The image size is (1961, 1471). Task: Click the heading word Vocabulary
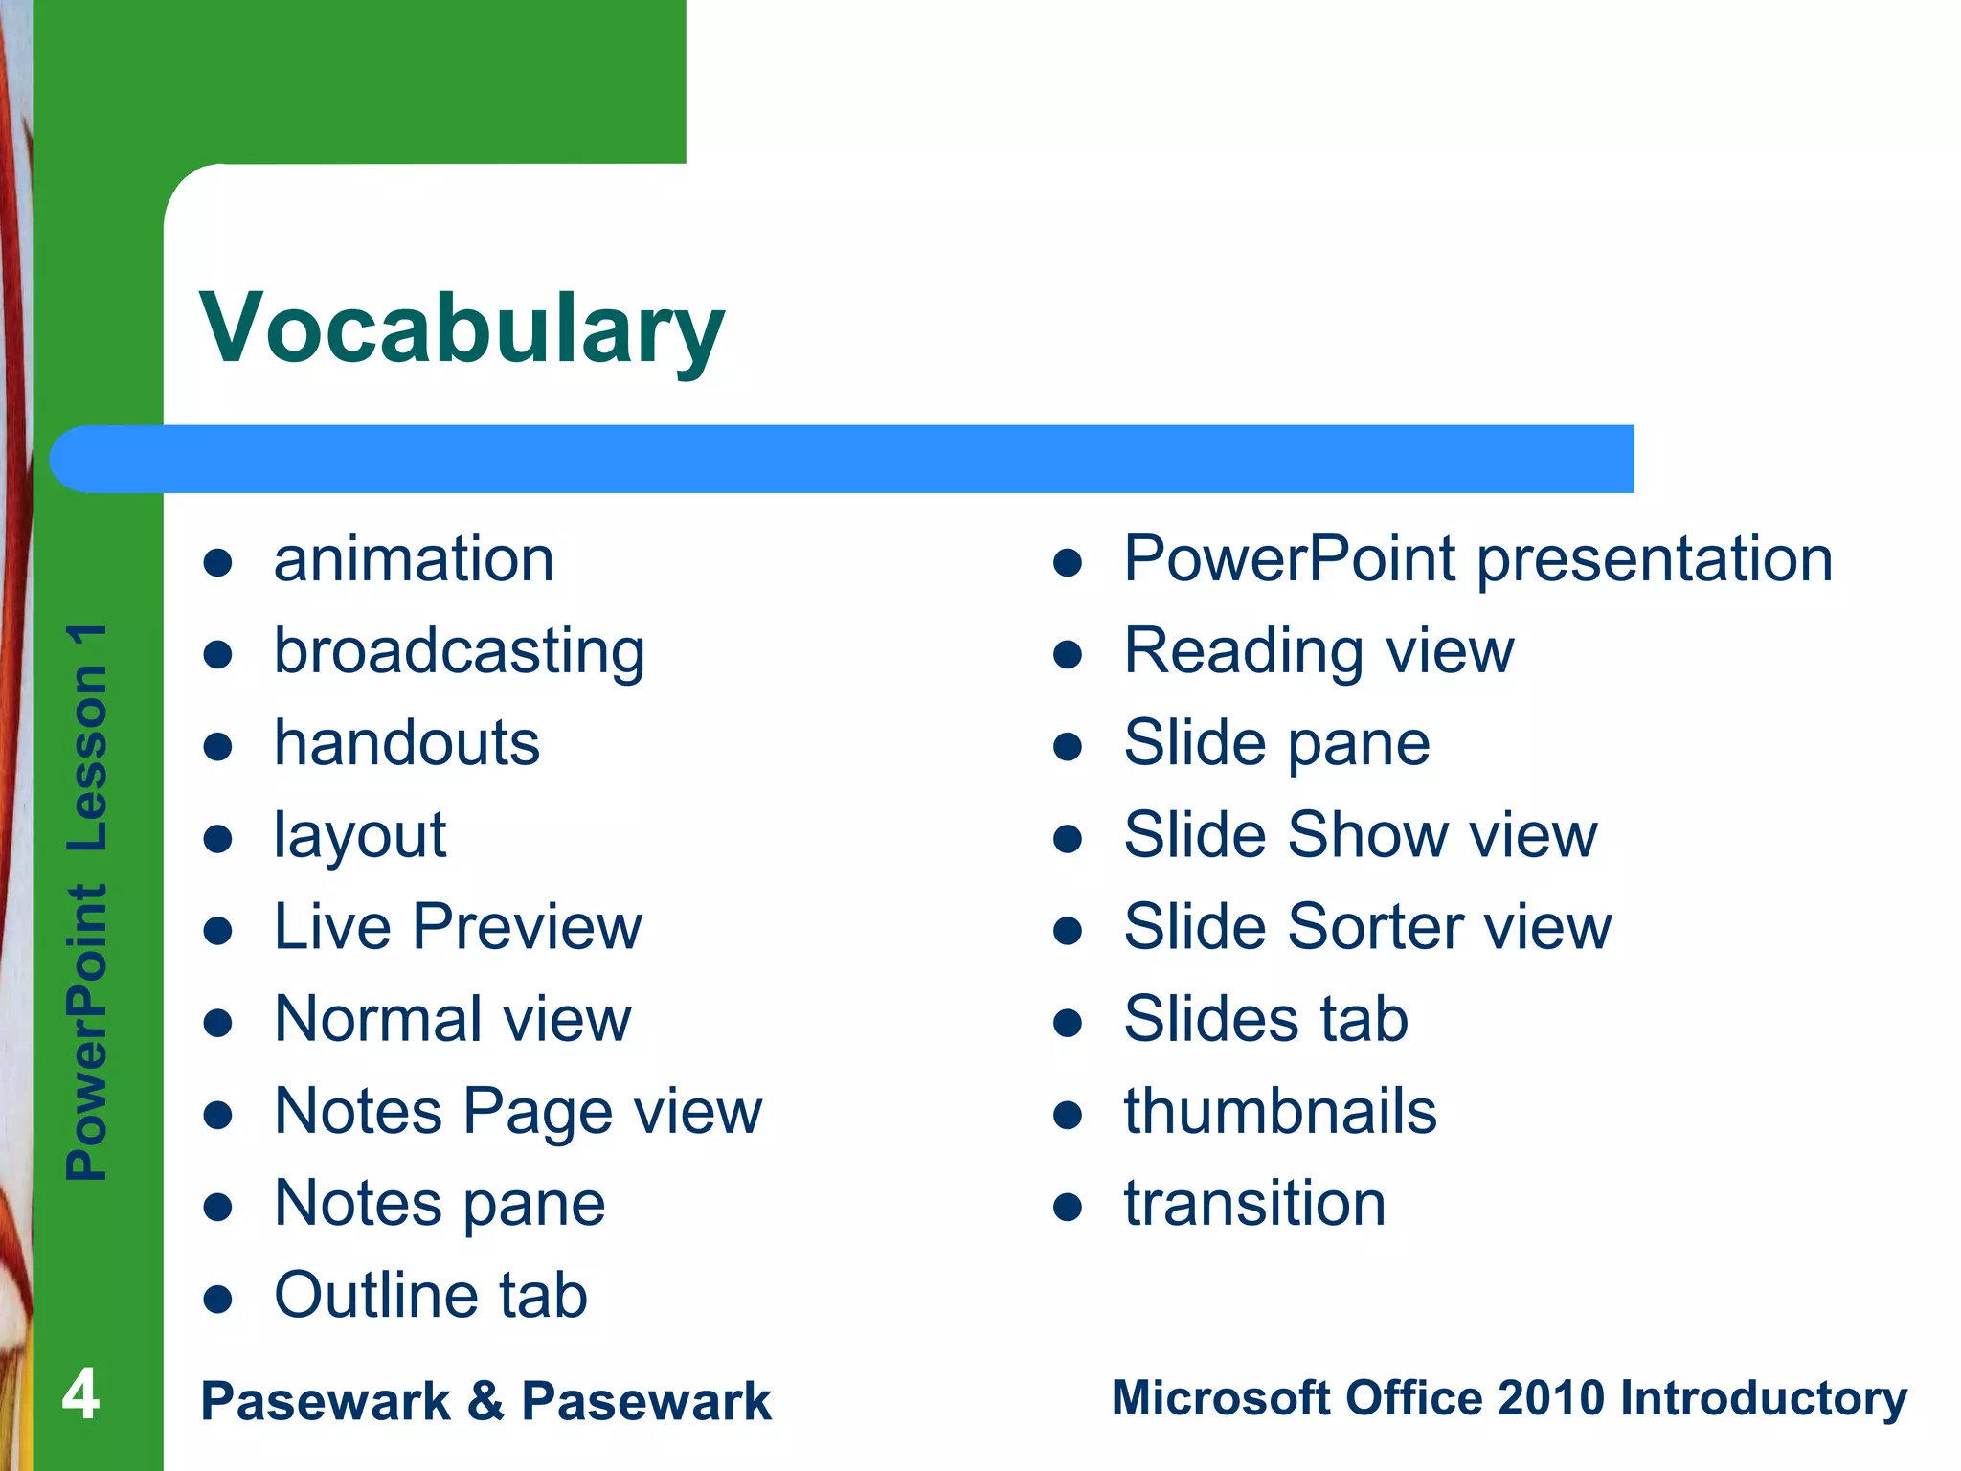(462, 328)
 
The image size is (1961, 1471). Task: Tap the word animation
(414, 559)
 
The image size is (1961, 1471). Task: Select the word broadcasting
(460, 652)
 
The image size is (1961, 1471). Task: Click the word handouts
(407, 743)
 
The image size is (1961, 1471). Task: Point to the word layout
(360, 836)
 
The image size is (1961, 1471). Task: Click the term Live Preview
(458, 927)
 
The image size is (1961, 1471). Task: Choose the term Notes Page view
(518, 1112)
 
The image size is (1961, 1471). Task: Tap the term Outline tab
(431, 1296)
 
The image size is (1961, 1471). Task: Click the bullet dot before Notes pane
(218, 1207)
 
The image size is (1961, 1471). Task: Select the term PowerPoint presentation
(1477, 559)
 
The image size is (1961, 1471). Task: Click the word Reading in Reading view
(1243, 652)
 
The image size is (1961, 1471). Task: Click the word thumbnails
(1280, 1112)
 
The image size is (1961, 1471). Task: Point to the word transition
(1254, 1204)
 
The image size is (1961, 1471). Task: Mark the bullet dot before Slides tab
(1067, 1023)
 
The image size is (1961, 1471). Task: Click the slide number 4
(80, 1394)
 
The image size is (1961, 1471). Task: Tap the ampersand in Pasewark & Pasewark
(485, 1400)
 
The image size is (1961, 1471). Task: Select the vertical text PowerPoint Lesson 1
(87, 900)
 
